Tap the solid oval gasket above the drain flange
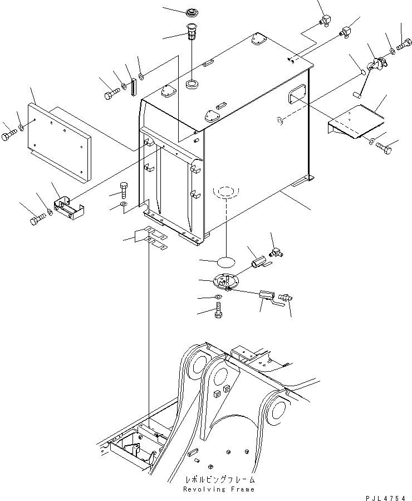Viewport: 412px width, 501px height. coord(224,261)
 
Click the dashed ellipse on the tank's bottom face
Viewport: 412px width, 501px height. coord(224,193)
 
